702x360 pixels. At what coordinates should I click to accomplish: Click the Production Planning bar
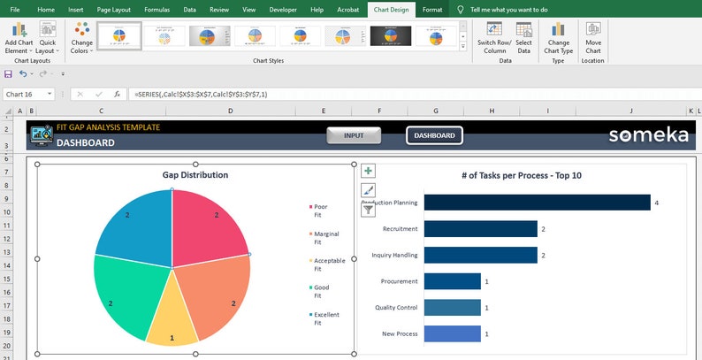[x=537, y=203]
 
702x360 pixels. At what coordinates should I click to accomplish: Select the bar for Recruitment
[x=480, y=229]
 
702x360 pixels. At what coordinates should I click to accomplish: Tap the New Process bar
[x=452, y=333]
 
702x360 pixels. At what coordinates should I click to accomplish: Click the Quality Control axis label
[x=396, y=308]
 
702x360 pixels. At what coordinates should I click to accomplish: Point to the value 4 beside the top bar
[x=657, y=203]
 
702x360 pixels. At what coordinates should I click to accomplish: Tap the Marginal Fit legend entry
[x=324, y=238]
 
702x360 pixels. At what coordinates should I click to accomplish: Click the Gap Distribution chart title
[x=195, y=174]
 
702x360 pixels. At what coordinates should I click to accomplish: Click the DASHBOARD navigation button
[x=434, y=135]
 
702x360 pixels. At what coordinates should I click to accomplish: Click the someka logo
[x=647, y=134]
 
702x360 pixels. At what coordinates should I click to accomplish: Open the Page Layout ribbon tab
[x=115, y=9]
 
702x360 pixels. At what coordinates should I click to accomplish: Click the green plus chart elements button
[x=369, y=172]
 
